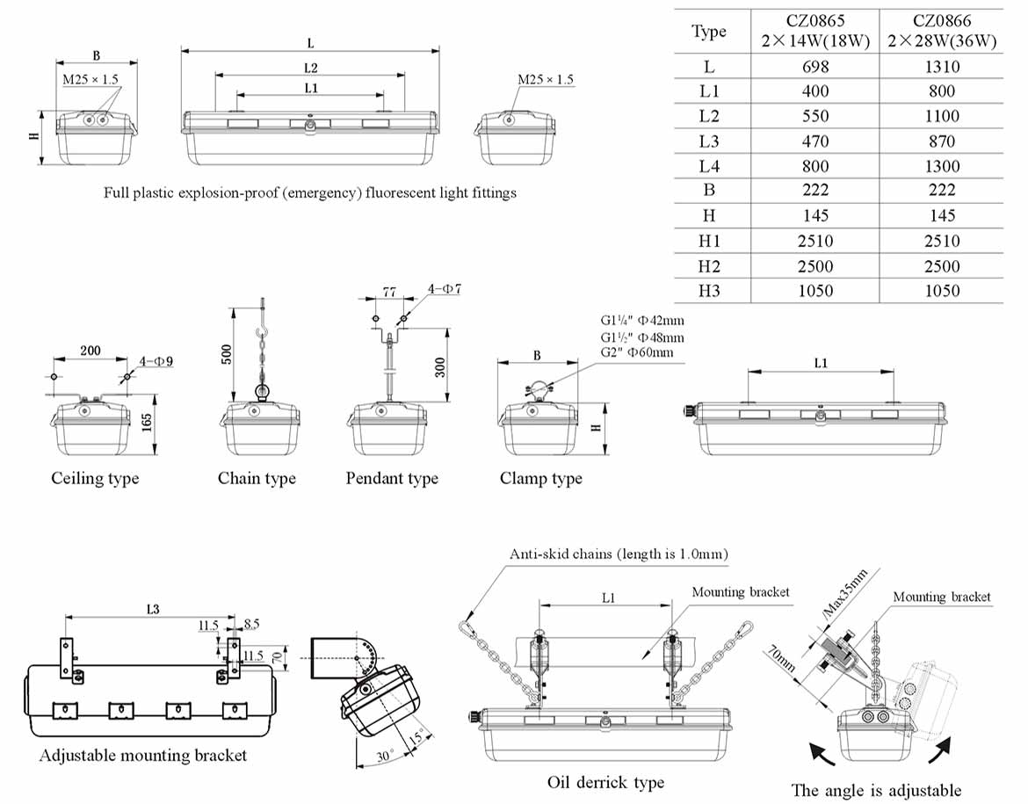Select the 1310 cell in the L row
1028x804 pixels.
[941, 67]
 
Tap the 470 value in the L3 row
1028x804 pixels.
[815, 141]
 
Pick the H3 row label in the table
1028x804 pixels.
[709, 291]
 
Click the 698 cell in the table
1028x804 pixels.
[815, 67]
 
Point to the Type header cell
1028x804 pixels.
[709, 32]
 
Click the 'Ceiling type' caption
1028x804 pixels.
[95, 479]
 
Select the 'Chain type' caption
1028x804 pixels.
[257, 479]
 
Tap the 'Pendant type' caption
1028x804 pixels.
[392, 479]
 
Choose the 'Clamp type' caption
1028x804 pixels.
[540, 479]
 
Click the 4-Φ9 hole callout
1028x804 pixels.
[156, 361]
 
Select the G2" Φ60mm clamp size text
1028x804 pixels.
[637, 352]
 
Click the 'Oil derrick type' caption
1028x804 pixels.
[605, 782]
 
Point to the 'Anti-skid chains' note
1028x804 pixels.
[619, 554]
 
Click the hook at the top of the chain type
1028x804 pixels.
[261, 337]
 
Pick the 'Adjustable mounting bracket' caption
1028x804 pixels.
[143, 756]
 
